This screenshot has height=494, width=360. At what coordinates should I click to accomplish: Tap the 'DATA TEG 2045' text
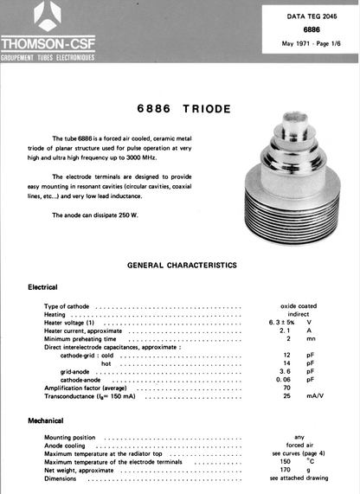(299, 16)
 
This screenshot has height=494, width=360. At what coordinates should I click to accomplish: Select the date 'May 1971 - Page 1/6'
(299, 43)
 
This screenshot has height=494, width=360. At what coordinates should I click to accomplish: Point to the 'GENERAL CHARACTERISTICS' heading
(180, 265)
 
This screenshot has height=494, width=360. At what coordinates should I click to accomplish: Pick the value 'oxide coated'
(299, 306)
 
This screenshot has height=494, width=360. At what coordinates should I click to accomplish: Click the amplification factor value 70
(286, 388)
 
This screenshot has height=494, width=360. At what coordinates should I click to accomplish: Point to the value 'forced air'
(299, 445)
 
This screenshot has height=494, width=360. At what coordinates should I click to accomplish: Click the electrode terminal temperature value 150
(286, 461)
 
